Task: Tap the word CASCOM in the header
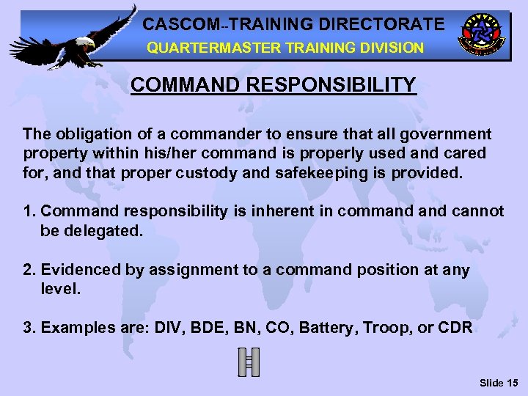pyautogui.click(x=176, y=23)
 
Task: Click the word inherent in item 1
pyautogui.click(x=278, y=211)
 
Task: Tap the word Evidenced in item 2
pyautogui.click(x=81, y=269)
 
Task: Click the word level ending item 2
pyautogui.click(x=59, y=290)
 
